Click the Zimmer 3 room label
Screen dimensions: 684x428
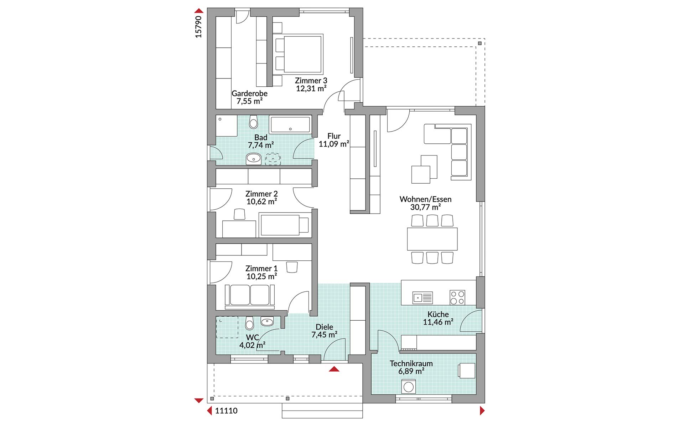(x=311, y=81)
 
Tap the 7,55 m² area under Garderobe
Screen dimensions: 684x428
(x=249, y=101)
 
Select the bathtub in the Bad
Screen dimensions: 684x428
(x=290, y=124)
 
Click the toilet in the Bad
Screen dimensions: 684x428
(x=253, y=122)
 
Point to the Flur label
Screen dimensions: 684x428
(x=334, y=136)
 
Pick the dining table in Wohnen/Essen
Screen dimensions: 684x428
(x=432, y=239)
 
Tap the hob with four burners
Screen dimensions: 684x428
(x=457, y=297)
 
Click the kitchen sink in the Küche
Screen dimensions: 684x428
(x=423, y=297)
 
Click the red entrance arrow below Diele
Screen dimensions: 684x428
(x=334, y=369)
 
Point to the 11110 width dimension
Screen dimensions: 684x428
(x=226, y=411)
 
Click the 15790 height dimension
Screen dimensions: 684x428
(x=198, y=27)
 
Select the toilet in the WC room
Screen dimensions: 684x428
(x=249, y=323)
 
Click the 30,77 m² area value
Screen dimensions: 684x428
(x=425, y=207)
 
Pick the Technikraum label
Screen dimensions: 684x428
(x=411, y=363)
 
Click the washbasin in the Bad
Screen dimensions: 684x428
(x=253, y=158)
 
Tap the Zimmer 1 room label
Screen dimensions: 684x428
(x=261, y=269)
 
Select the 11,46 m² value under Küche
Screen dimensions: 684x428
(x=438, y=322)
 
